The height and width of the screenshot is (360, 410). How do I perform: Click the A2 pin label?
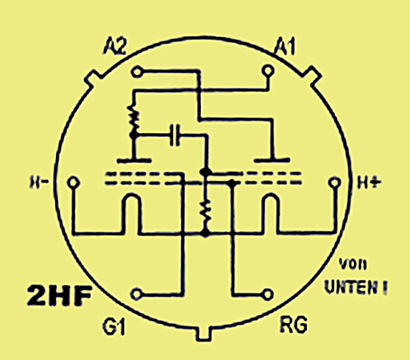pyautogui.click(x=114, y=47)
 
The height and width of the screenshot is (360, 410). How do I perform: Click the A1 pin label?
pyautogui.click(x=286, y=47)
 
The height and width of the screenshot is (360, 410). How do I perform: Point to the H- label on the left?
pyautogui.click(x=39, y=182)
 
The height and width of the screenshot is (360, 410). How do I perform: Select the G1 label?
pyautogui.click(x=114, y=327)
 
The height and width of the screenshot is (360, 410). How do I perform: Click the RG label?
pyautogui.click(x=294, y=324)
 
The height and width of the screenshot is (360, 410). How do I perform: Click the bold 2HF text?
pyautogui.click(x=59, y=295)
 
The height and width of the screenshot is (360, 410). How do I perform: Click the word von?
pyautogui.click(x=352, y=265)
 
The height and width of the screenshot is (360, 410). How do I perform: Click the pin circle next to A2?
pyautogui.click(x=137, y=72)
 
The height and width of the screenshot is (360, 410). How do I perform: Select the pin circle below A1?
pyautogui.click(x=268, y=71)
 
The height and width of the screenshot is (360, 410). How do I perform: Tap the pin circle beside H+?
pyautogui.click(x=334, y=183)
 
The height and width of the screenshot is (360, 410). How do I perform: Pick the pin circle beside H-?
pyautogui.click(x=73, y=182)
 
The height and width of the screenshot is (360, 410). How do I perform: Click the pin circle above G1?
pyautogui.click(x=137, y=294)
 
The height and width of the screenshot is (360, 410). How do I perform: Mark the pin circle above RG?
pyautogui.click(x=268, y=294)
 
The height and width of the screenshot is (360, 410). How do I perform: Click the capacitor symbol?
pyautogui.click(x=175, y=135)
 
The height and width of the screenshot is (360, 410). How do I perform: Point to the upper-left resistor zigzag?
pyautogui.click(x=133, y=120)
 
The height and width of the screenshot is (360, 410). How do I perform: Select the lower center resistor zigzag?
pyautogui.click(x=205, y=212)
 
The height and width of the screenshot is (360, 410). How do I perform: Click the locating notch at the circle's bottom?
pyautogui.click(x=204, y=333)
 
